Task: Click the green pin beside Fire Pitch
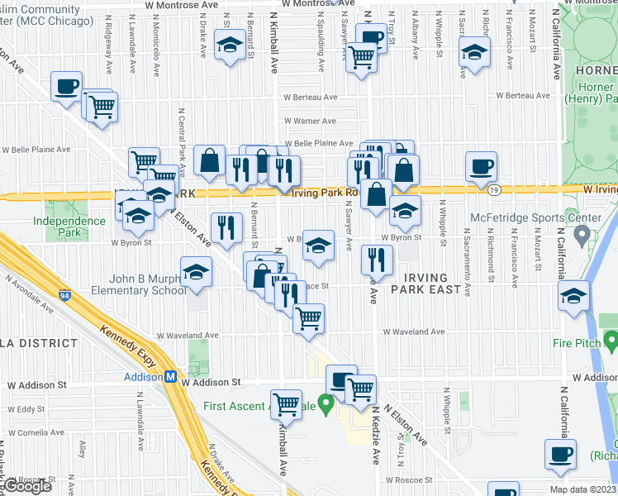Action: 611,340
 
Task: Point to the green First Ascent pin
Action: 326,405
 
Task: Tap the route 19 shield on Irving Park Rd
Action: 493,189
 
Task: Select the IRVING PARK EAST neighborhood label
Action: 426,284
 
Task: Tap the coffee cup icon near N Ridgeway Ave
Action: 66,86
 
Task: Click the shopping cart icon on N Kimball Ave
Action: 286,404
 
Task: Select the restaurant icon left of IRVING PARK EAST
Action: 377,259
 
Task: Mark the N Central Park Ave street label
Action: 182,136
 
